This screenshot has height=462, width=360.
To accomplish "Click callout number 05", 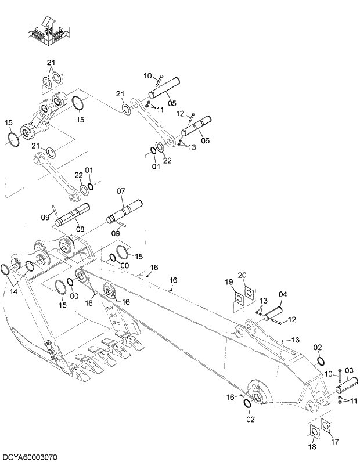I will [x=172, y=103].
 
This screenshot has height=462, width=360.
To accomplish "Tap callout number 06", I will [x=206, y=141].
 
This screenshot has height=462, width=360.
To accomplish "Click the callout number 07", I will [x=120, y=191].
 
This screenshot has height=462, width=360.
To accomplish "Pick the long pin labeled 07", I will [x=124, y=212].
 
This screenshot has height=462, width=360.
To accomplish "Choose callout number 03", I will [x=349, y=370].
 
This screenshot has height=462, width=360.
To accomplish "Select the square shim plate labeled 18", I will [x=313, y=433].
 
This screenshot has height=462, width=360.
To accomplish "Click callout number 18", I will [x=313, y=447].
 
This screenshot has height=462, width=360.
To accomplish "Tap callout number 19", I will [x=229, y=282].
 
